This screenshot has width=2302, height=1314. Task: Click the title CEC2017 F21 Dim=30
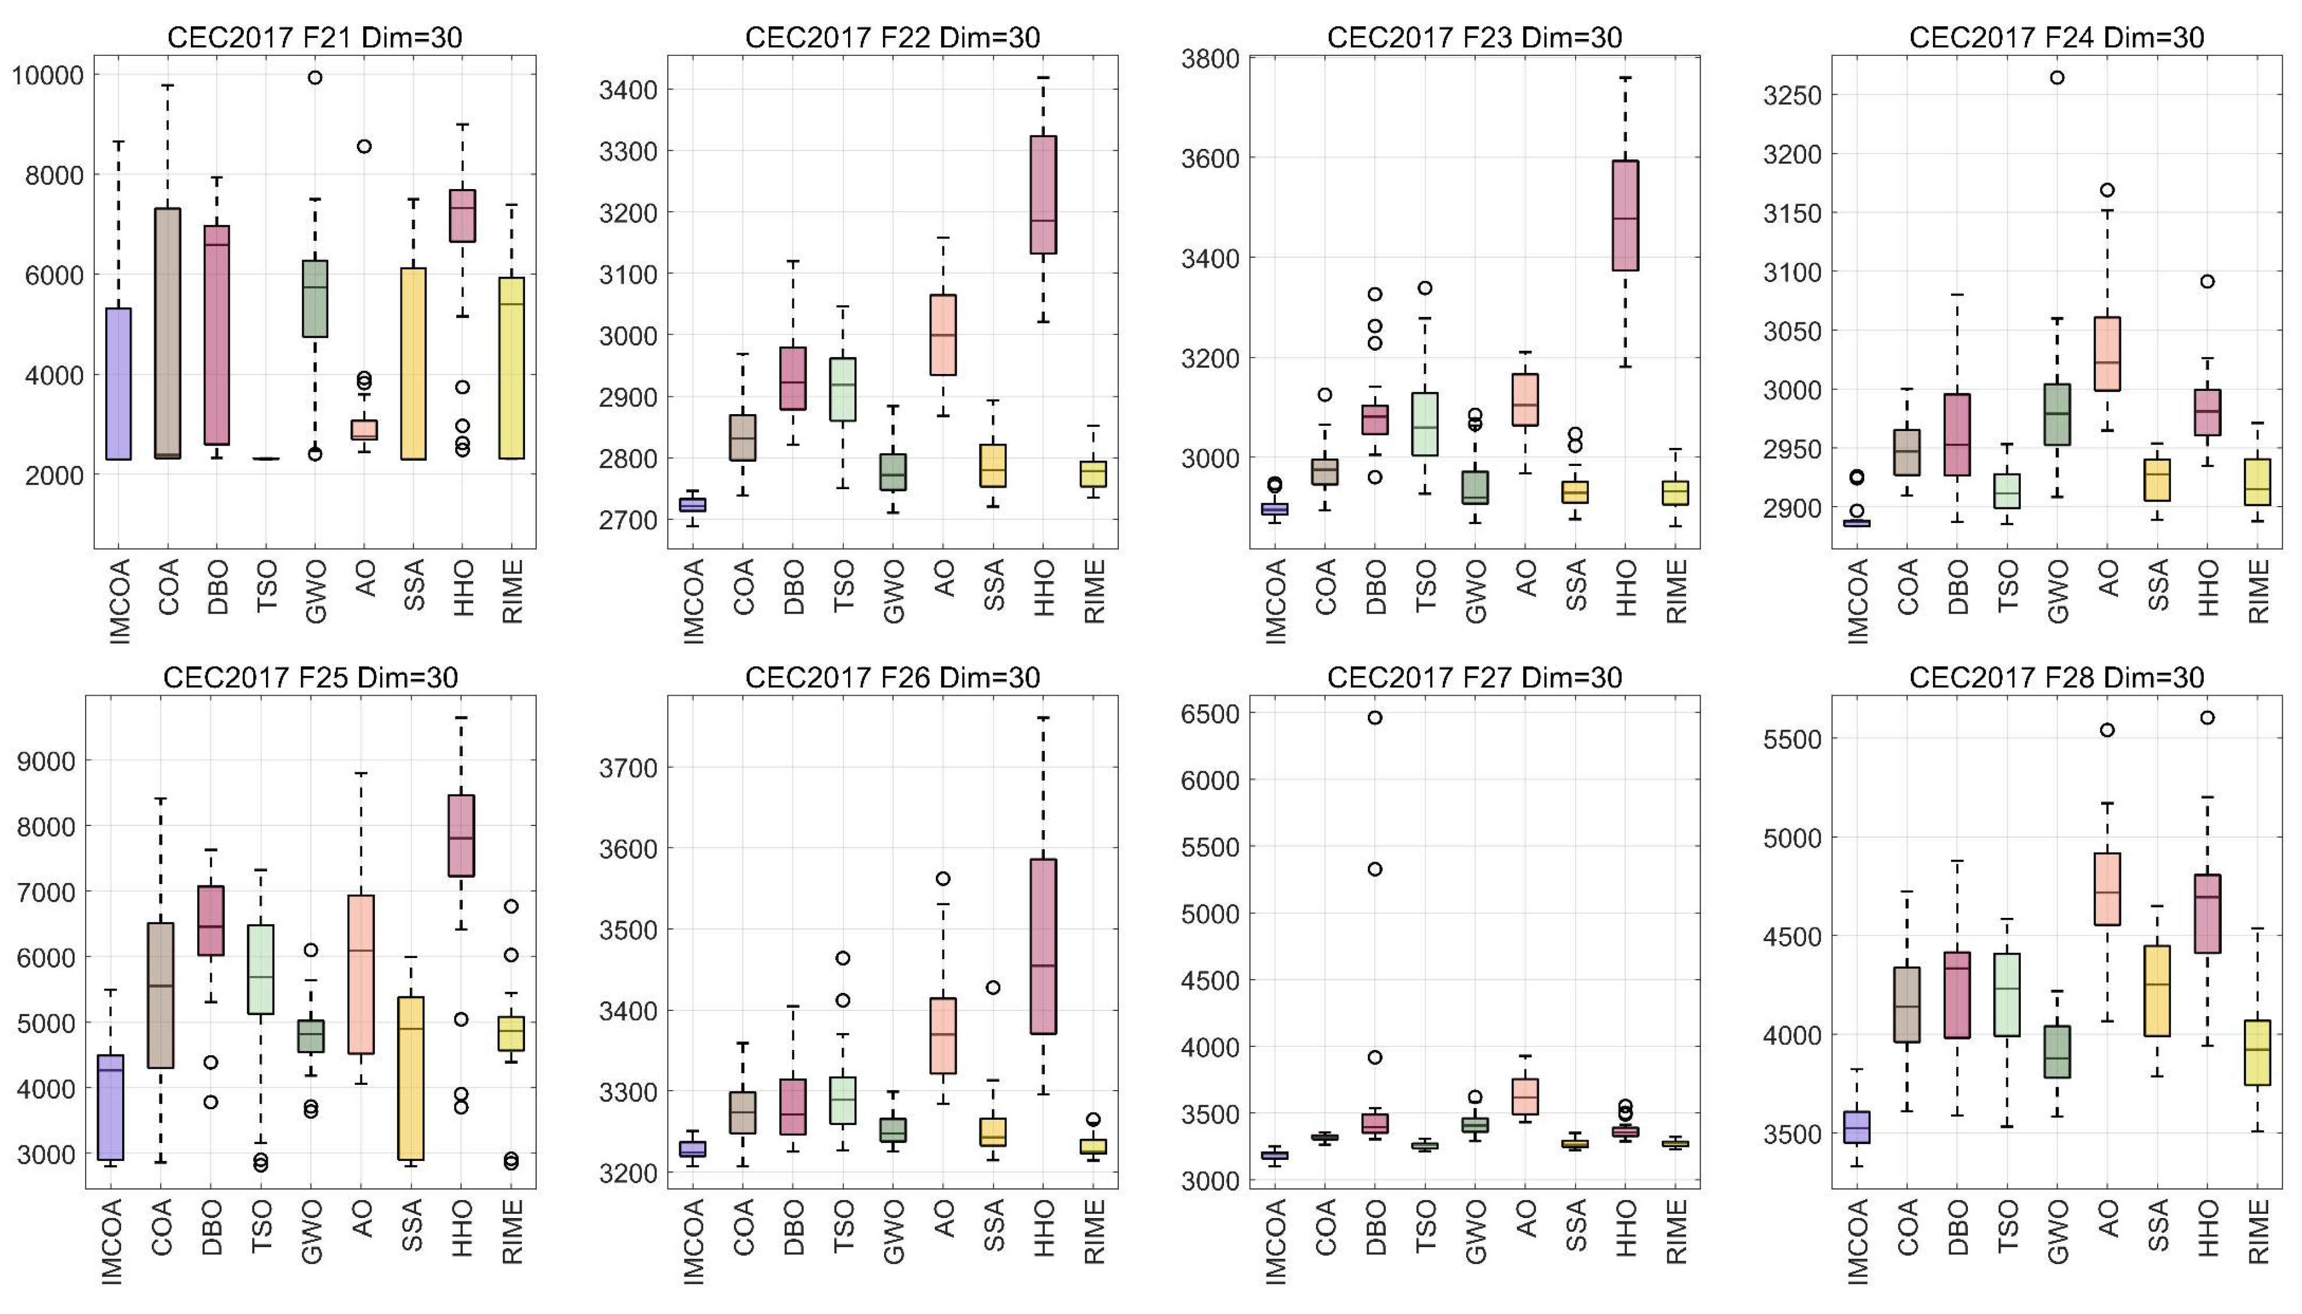click(314, 37)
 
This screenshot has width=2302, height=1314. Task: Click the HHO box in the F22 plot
click(1044, 194)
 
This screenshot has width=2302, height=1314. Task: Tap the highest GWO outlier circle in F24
click(2056, 77)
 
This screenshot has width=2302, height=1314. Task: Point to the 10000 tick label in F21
click(47, 75)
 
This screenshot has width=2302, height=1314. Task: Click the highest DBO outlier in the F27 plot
click(1375, 717)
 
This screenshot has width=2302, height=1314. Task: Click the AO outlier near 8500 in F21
click(364, 146)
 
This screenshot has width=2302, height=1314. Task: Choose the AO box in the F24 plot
click(2107, 354)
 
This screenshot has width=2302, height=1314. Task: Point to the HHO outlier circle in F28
click(2207, 717)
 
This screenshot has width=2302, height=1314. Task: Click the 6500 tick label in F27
click(1209, 713)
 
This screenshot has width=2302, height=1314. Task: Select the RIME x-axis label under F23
click(1676, 591)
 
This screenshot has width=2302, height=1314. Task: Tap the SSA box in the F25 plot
click(412, 1078)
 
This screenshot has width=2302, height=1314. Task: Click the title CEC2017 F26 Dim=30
click(892, 678)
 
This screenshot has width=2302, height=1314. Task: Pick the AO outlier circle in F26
click(942, 878)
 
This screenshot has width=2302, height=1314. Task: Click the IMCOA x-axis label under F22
click(693, 600)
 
